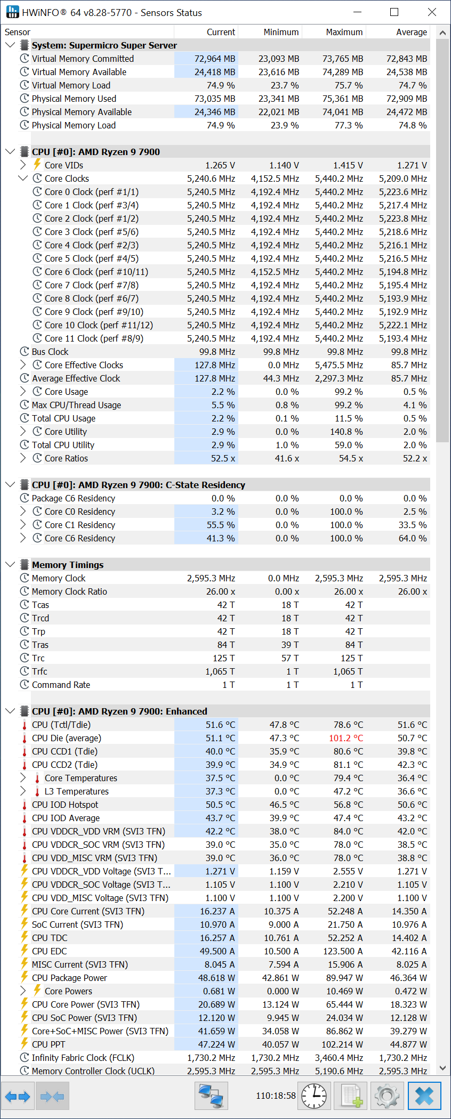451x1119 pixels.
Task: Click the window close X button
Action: click(x=432, y=12)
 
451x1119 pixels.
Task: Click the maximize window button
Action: click(x=394, y=12)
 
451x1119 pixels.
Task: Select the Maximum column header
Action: click(x=344, y=32)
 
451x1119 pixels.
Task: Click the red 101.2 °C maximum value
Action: click(x=345, y=738)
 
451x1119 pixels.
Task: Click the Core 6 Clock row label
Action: click(x=96, y=272)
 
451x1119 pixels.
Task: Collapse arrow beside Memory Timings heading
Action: click(x=10, y=564)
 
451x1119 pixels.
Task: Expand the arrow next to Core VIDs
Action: click(x=23, y=165)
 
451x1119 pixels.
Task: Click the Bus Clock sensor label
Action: click(x=50, y=352)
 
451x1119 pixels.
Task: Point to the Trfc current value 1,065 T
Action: click(x=220, y=671)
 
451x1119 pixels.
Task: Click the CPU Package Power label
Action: click(x=69, y=978)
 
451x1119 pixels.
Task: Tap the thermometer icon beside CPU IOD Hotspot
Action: click(x=24, y=805)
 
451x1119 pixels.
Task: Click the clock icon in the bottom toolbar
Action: click(x=314, y=1096)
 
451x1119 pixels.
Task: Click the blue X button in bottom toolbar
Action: click(x=424, y=1096)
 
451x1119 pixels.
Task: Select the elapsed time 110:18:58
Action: click(x=276, y=1096)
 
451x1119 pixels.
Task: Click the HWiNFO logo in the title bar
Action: click(x=12, y=12)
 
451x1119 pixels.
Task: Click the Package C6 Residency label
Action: click(x=73, y=498)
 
